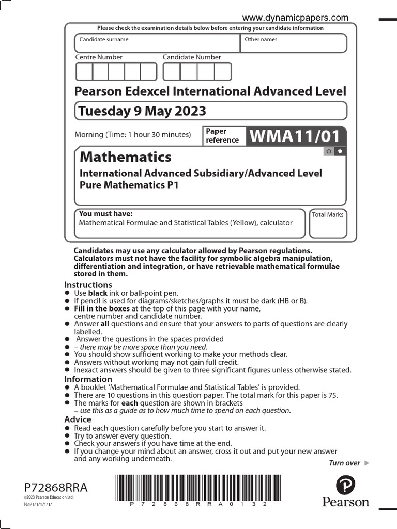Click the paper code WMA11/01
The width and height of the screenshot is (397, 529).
click(x=295, y=136)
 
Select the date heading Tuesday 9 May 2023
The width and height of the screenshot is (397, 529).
click(x=141, y=111)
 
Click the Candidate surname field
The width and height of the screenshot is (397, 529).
click(x=158, y=43)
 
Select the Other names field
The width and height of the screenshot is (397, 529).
click(x=294, y=43)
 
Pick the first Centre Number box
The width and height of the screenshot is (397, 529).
click(x=84, y=71)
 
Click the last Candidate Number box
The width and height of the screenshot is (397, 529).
click(x=223, y=71)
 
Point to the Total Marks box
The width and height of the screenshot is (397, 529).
click(x=328, y=224)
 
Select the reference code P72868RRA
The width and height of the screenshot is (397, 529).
click(x=56, y=488)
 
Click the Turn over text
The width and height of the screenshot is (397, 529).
click(x=345, y=463)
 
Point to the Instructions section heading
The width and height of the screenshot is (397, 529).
click(x=88, y=285)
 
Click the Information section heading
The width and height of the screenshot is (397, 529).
click(x=88, y=379)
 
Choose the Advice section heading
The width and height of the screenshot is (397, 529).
click(x=78, y=419)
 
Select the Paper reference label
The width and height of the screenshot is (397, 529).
click(x=222, y=136)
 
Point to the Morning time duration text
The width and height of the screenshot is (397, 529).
click(x=133, y=135)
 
